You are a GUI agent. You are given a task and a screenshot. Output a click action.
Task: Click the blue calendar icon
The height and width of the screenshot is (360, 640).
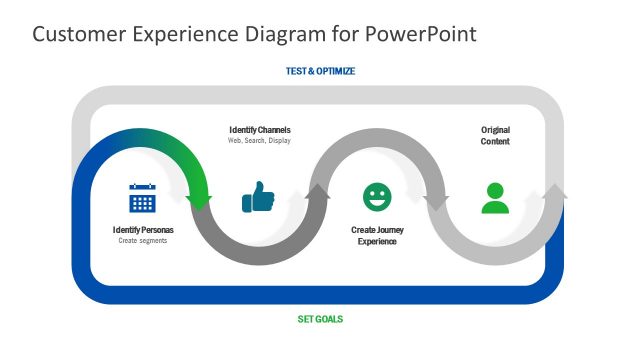click(x=142, y=198)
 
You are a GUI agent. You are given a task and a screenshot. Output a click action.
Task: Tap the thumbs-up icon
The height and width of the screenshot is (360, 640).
click(x=258, y=197)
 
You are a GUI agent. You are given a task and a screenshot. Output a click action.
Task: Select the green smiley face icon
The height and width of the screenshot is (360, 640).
click(x=377, y=197)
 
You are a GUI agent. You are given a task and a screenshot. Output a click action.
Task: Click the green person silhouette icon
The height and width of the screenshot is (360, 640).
click(x=495, y=198)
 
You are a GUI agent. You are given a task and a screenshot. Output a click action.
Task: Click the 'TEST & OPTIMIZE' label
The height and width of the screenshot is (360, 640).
click(x=320, y=71)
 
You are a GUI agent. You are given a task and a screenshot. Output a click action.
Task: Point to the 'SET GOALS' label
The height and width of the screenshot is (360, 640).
click(x=320, y=319)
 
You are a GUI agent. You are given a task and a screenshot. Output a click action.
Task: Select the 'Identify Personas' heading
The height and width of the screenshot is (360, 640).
click(x=142, y=230)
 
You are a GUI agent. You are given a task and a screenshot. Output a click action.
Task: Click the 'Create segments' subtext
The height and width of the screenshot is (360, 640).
click(x=142, y=241)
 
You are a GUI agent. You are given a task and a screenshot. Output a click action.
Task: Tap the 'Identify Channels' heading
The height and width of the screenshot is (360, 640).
click(x=260, y=130)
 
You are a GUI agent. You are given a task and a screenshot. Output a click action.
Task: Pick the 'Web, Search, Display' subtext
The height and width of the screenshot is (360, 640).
click(x=260, y=141)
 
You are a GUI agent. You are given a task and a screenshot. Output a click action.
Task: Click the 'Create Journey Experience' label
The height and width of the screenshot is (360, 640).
click(x=377, y=235)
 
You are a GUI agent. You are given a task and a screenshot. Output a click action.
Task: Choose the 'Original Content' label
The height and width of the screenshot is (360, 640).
click(x=495, y=135)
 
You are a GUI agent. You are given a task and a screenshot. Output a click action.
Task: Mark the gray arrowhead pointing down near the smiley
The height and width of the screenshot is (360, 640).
click(x=437, y=199)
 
